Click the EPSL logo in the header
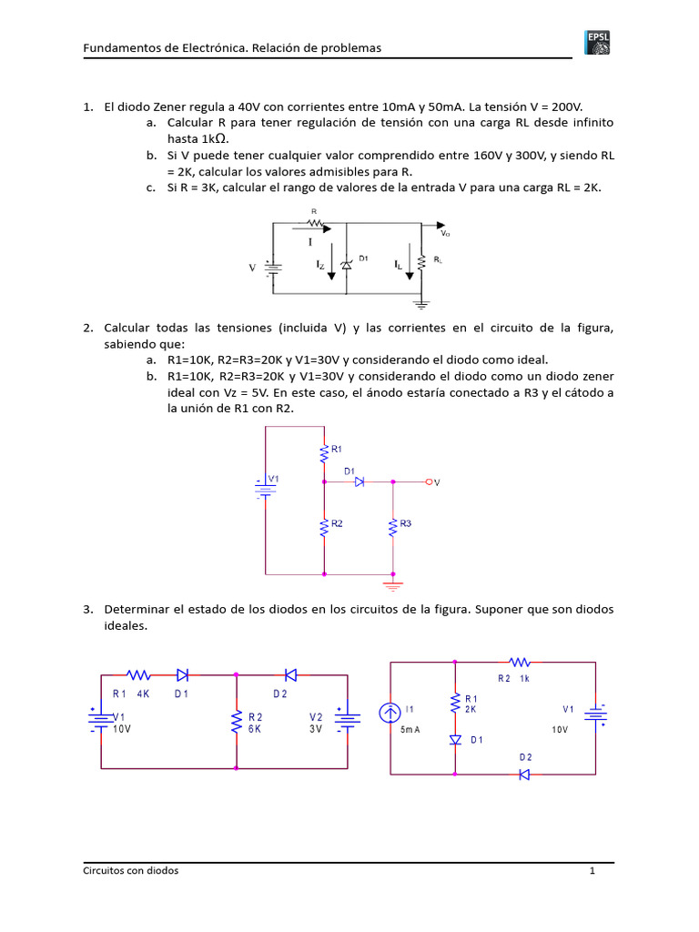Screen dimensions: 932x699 pos(597,43)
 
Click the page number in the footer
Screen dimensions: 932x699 pos(592,871)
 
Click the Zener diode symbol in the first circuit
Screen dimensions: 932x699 pos(346,265)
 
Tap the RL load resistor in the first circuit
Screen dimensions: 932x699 pos(422,263)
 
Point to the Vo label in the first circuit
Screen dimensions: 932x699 pos(446,234)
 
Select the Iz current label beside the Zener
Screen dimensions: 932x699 pos(319,265)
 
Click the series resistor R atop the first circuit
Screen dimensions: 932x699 pos(316,221)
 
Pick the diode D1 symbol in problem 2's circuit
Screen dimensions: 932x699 pos(359,481)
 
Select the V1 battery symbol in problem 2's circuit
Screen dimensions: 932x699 pos(265,488)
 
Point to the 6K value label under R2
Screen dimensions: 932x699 pos(255,729)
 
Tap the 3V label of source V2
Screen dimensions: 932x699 pos(316,729)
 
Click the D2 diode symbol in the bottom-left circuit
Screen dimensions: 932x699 pos(290,674)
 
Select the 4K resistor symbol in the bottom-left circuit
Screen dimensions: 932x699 pos(138,674)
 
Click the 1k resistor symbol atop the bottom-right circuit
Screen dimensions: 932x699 pos(519,663)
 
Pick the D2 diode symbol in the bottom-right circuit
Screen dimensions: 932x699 pos(524,775)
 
